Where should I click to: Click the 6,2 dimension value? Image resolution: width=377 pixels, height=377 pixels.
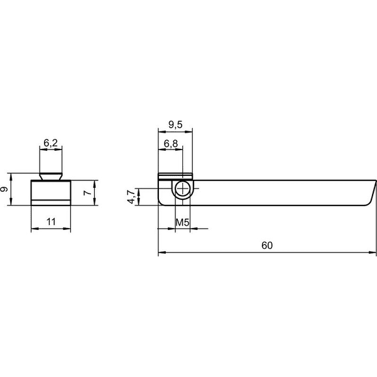tap(51, 143)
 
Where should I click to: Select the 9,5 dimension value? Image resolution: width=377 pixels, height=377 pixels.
tap(175, 124)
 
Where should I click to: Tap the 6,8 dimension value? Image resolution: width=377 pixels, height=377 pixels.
tap(171, 143)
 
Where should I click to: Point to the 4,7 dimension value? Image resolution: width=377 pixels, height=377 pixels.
tap(132, 197)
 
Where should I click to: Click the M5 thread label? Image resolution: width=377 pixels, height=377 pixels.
tap(182, 222)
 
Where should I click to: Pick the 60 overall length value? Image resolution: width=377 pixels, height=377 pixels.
tap(267, 245)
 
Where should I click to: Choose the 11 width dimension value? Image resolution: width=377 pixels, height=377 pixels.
tap(51, 222)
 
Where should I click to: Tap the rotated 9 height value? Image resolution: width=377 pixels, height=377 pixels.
tap(4, 189)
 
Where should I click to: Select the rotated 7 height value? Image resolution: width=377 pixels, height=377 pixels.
tap(87, 193)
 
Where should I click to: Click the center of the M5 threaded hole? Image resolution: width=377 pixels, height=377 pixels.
tap(183, 188)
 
